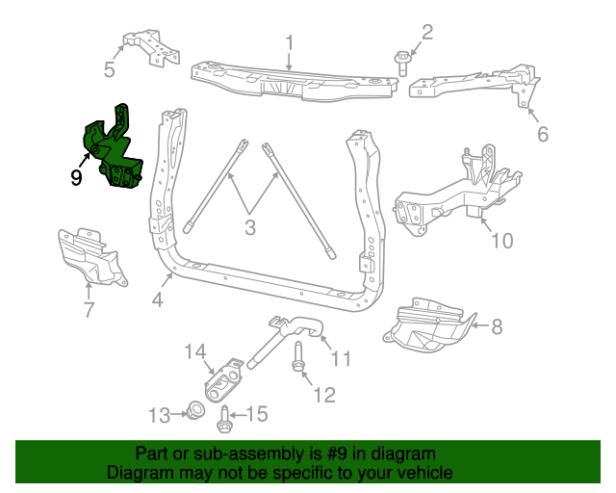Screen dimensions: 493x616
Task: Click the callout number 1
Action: click(288, 41)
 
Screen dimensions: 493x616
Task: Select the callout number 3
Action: click(249, 228)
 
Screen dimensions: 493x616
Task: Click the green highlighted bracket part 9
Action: click(114, 154)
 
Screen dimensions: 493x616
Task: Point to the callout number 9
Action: click(76, 176)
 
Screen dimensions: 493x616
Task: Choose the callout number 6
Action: click(543, 135)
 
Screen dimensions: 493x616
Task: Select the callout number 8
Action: click(497, 327)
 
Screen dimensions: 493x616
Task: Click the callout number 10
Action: click(502, 240)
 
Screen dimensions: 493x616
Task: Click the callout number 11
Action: click(341, 359)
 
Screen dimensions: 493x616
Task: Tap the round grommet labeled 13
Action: click(192, 412)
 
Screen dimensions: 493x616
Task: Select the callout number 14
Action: click(195, 352)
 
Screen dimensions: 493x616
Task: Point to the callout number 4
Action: click(157, 299)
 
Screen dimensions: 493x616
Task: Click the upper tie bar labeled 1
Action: click(289, 80)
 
